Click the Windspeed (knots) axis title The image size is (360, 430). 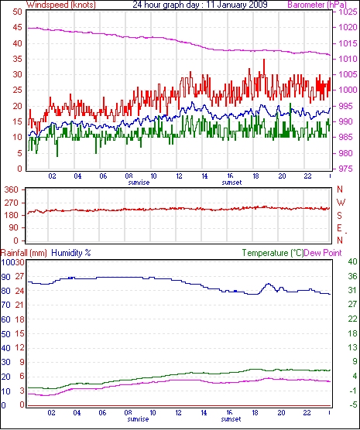(x=61, y=5)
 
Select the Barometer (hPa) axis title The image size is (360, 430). (x=317, y=5)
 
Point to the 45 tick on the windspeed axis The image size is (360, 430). (x=17, y=28)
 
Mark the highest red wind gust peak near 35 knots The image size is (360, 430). (x=264, y=60)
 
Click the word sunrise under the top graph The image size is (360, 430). (x=139, y=183)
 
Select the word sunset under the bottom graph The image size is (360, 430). (x=231, y=419)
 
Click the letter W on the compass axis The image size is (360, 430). (x=341, y=203)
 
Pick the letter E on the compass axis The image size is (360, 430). (x=339, y=228)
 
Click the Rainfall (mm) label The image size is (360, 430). (x=24, y=253)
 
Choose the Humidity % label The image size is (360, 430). (x=71, y=253)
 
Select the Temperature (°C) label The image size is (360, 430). (x=273, y=253)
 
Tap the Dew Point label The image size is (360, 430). (x=323, y=253)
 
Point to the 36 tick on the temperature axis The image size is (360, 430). (x=352, y=276)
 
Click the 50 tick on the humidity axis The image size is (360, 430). (x=5, y=334)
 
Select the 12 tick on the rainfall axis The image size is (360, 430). (x=19, y=348)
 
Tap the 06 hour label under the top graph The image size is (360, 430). (x=103, y=176)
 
